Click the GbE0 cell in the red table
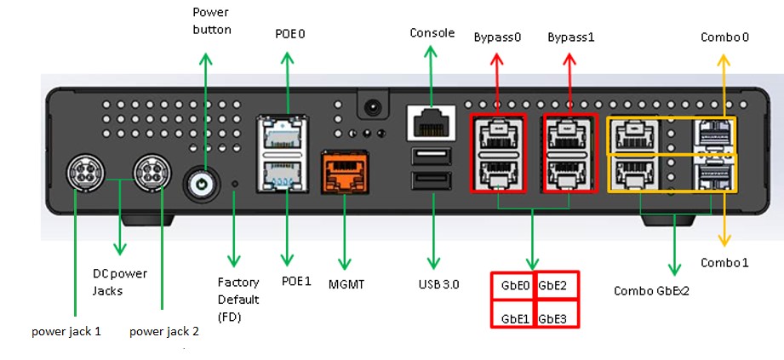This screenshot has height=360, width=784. coord(512,286)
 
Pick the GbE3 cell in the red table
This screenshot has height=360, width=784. coord(556,318)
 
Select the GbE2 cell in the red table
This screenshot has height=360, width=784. coord(556,286)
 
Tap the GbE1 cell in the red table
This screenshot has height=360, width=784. coord(512,318)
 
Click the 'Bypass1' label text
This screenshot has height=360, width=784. coord(570,38)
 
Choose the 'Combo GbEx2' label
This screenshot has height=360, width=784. coord(651,290)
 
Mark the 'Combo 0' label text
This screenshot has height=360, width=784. coord(724,37)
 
